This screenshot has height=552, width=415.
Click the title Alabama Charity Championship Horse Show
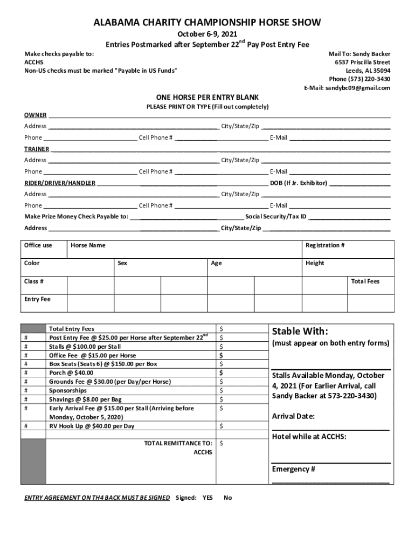click(x=207, y=23)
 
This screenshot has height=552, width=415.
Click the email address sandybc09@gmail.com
click(x=357, y=88)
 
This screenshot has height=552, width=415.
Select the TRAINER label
click(x=37, y=149)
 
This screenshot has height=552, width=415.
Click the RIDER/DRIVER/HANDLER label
click(x=60, y=183)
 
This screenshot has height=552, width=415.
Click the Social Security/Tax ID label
click(x=276, y=217)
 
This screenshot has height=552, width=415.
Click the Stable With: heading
click(x=300, y=331)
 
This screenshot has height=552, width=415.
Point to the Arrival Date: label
click(x=293, y=417)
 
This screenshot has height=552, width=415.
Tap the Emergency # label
click(x=293, y=469)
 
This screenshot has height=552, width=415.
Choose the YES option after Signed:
click(x=207, y=498)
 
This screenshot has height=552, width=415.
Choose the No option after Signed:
click(x=227, y=498)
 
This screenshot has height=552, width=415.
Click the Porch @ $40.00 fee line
click(x=71, y=372)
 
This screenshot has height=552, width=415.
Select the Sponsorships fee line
click(x=68, y=390)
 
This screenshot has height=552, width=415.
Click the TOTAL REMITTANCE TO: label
click(x=178, y=443)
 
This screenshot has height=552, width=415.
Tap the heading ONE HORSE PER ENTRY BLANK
click(x=207, y=98)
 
